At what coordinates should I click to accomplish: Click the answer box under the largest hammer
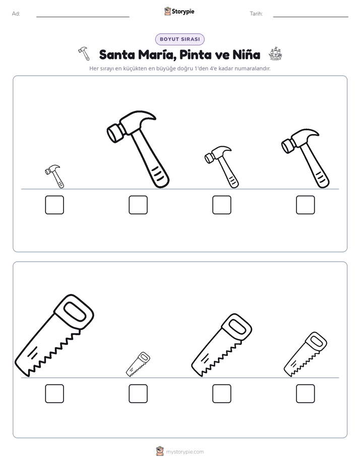[x=138, y=205]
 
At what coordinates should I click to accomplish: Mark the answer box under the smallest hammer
[x=54, y=205]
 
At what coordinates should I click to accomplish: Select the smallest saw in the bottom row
[x=138, y=364]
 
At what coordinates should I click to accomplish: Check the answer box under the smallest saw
[x=138, y=393]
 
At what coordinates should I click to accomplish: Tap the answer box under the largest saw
[x=54, y=393]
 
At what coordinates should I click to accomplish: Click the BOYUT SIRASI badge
[x=179, y=39]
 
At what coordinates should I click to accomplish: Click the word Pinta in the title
[x=196, y=54]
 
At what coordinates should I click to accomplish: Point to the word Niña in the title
[x=246, y=54]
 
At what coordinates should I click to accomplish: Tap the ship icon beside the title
[x=275, y=54]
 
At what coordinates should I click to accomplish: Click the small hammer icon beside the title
[x=84, y=53]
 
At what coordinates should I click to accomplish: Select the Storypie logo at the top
[x=179, y=12]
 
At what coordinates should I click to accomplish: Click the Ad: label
[x=16, y=14]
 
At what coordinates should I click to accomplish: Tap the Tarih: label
[x=256, y=14]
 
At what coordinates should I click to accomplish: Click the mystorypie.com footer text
[x=185, y=452]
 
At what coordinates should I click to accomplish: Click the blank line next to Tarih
[x=311, y=17]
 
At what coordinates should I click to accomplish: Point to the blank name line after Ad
[x=83, y=17]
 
